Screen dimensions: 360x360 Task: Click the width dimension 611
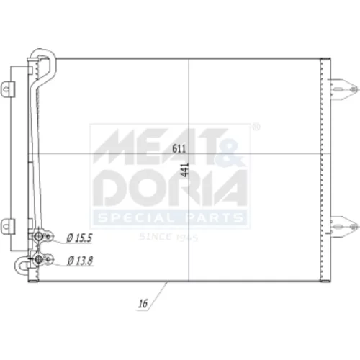[x=179, y=149]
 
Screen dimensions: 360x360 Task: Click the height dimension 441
[x=185, y=170]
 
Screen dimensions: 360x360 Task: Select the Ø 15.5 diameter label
[x=79, y=238]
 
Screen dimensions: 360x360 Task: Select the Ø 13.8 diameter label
[x=80, y=261]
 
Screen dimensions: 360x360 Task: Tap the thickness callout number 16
[x=143, y=304]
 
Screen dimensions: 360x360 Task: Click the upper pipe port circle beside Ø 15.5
[x=38, y=237]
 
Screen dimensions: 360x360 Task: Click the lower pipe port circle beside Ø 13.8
[x=38, y=258]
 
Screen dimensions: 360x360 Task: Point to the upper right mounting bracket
[x=343, y=89]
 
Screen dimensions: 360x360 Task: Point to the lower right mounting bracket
[x=343, y=226]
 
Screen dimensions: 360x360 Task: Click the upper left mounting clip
[x=8, y=89]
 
